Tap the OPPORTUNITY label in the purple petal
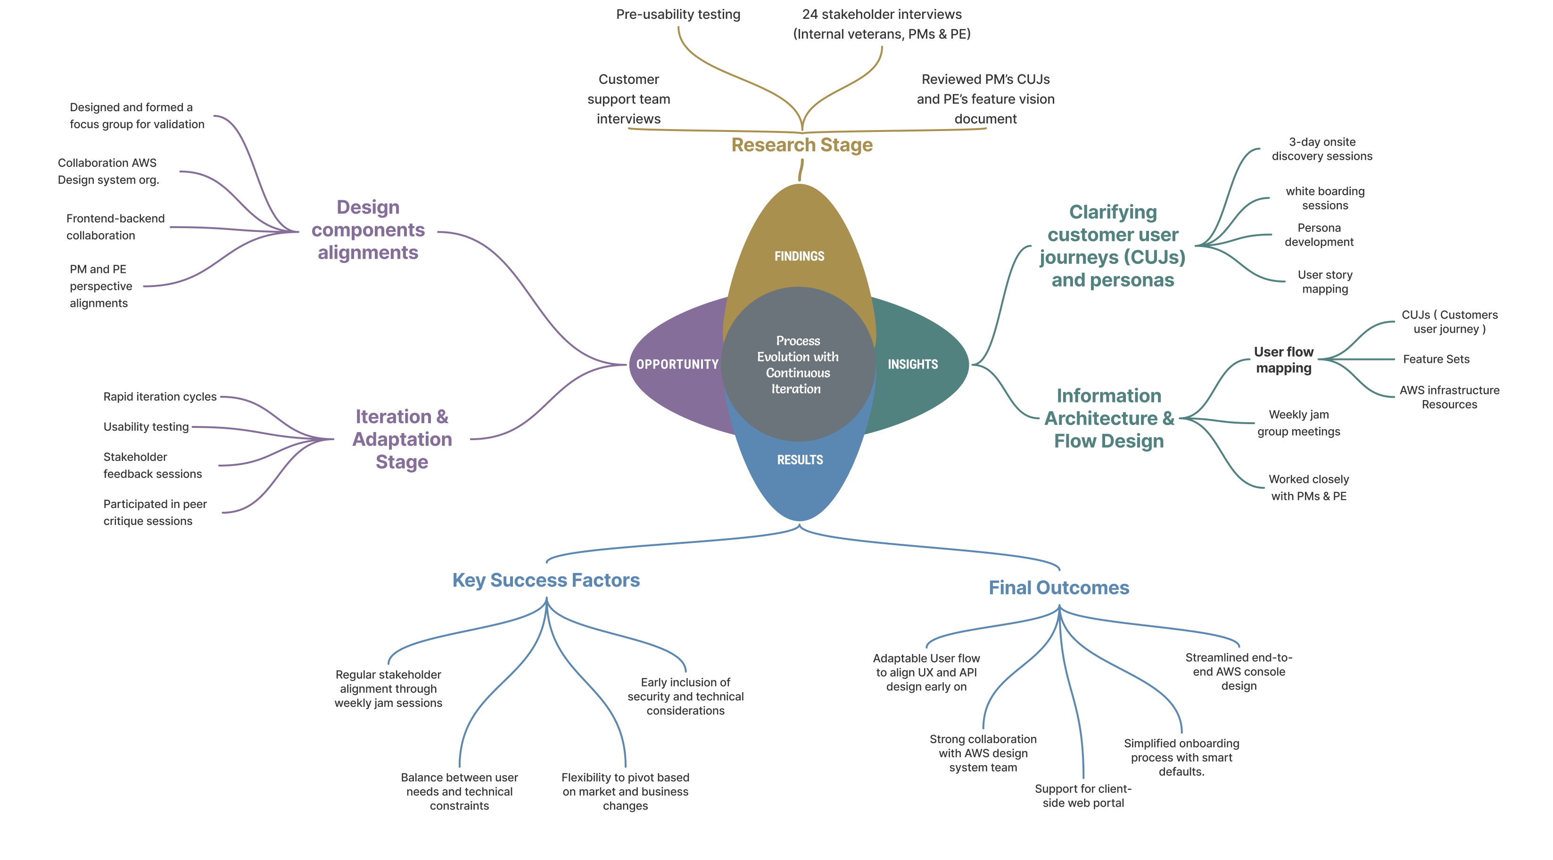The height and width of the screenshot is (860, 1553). coord(677,364)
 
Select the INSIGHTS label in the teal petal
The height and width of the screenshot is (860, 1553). coord(912,364)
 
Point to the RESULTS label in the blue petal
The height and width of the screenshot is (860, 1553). coord(800,460)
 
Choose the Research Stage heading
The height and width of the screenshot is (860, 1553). coord(801,145)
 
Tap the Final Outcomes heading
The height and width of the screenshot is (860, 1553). coord(1058,588)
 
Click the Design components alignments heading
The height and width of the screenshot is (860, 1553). coord(368,229)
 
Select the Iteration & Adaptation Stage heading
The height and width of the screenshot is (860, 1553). coord(402,439)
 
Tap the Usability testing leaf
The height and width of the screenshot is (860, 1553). coord(146,426)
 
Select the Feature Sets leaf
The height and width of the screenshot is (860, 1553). coord(1436,359)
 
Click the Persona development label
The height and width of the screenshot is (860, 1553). coord(1319,234)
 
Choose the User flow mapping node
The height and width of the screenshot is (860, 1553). coord(1283,360)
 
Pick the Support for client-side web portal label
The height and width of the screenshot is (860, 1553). coord(1082,795)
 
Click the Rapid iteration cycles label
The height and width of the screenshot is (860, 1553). coord(160,397)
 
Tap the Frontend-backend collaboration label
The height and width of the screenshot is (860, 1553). coord(115,227)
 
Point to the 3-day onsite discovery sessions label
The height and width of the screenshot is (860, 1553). coord(1322,149)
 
